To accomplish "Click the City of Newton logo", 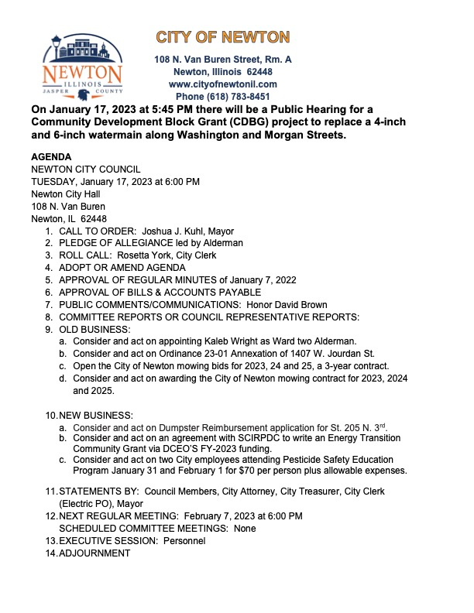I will coord(83,67).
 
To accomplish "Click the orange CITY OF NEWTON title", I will coord(223,37).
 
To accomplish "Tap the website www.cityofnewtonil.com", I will coord(223,84).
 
